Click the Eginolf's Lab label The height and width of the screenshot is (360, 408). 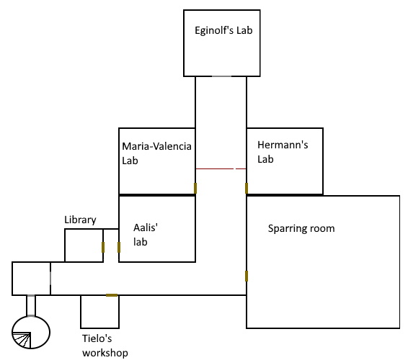(x=223, y=30)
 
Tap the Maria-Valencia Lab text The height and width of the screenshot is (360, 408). (x=156, y=153)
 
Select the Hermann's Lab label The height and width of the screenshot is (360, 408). (x=283, y=152)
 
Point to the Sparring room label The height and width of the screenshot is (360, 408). (x=301, y=228)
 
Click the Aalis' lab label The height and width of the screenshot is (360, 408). (x=146, y=235)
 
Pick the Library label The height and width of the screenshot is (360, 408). (x=80, y=220)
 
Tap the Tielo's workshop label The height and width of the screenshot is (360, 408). (x=105, y=346)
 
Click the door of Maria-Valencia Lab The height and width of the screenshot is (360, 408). (x=195, y=188)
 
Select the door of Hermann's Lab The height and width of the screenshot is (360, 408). (x=247, y=188)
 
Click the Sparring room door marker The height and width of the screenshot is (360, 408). (x=247, y=276)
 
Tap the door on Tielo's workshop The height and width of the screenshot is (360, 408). (x=112, y=295)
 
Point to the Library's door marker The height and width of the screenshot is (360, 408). (x=103, y=247)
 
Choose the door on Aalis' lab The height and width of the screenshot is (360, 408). (x=119, y=247)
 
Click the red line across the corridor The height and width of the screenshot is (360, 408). (x=221, y=169)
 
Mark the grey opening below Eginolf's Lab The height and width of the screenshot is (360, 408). (x=221, y=76)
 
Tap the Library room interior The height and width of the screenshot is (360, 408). (x=84, y=246)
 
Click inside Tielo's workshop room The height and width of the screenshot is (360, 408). (x=100, y=312)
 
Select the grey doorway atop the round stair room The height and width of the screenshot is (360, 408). (x=31, y=316)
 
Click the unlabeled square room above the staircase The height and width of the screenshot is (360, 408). (x=31, y=279)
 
